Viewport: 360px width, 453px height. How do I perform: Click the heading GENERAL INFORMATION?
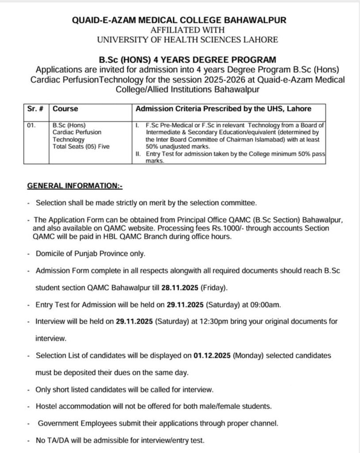75,186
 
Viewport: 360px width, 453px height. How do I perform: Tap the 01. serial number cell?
31,126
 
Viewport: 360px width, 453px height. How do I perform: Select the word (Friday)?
214,288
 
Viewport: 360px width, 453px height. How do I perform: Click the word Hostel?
47,406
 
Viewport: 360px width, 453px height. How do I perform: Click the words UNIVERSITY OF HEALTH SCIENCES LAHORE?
188,39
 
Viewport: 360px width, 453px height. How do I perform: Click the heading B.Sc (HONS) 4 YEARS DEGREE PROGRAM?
188,60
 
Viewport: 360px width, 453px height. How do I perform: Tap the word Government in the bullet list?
58,423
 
